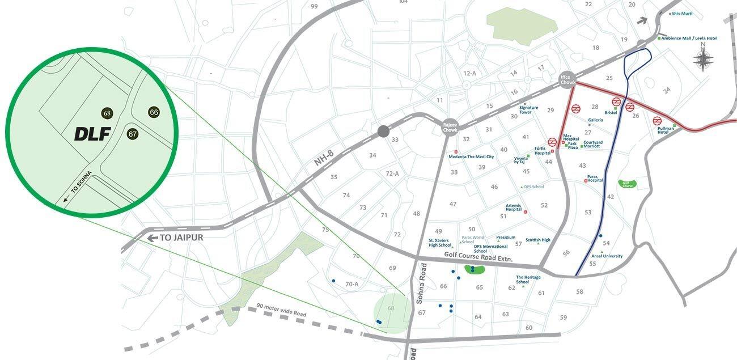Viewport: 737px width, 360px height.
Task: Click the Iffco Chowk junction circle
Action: pos(567,79)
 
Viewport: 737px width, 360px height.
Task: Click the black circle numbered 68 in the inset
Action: pos(107,113)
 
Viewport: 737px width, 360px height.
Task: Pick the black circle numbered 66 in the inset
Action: pos(154,112)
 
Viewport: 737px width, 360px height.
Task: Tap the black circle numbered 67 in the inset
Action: pos(133,134)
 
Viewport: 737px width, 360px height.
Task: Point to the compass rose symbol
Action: pos(703,59)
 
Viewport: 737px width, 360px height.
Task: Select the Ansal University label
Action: pos(607,256)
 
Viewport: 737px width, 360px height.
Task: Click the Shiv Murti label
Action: pos(683,14)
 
